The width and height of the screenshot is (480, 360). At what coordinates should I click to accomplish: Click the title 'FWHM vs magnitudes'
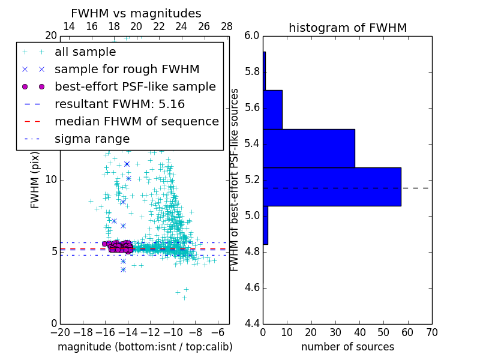tap(136, 13)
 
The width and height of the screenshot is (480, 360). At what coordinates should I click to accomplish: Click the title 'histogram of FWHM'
tap(347, 28)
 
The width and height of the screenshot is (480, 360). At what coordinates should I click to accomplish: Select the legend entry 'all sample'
tap(85, 52)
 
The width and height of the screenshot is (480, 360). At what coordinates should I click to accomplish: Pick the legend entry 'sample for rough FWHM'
tap(127, 69)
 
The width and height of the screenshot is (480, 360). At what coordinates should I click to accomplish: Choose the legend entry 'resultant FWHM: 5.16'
tap(127, 104)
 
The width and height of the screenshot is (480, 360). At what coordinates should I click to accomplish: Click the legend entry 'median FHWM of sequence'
tap(136, 121)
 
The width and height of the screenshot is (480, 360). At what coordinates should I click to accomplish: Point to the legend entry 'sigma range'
tap(92, 139)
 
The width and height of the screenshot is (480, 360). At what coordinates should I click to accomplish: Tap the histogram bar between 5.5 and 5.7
tap(272, 109)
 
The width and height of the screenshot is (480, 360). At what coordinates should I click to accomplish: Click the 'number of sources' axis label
tap(347, 347)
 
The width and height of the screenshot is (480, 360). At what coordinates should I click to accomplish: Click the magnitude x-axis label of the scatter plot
tap(145, 347)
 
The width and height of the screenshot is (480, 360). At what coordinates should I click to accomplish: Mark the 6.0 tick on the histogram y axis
tap(252, 36)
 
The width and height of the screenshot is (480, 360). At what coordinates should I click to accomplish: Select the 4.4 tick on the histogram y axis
tap(252, 323)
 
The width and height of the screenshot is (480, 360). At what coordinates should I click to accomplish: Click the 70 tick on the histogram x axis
tap(431, 332)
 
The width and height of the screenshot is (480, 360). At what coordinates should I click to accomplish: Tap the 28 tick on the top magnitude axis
tap(227, 26)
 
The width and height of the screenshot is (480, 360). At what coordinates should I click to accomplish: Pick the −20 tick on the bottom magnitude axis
tap(60, 332)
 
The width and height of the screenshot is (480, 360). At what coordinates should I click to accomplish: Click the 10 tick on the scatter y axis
tap(52, 179)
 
